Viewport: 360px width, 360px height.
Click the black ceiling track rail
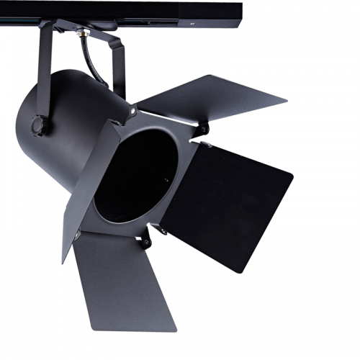tap(108, 10)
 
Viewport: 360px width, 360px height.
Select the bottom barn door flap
tap(122, 281)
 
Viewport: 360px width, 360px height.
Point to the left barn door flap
tap(90, 180)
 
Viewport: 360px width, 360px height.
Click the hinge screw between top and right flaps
tap(204, 130)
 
